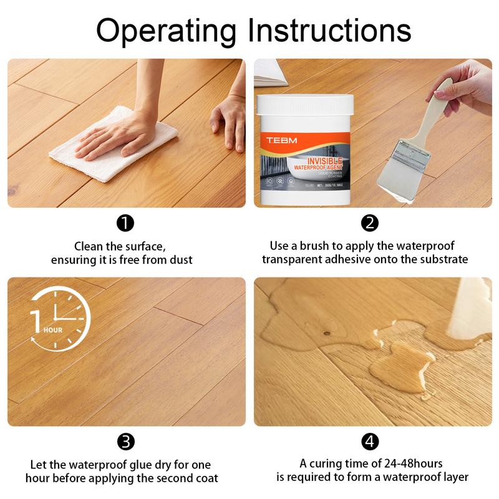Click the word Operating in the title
coord(165,29)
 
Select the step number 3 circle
coord(126,442)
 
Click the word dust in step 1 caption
coord(179,259)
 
